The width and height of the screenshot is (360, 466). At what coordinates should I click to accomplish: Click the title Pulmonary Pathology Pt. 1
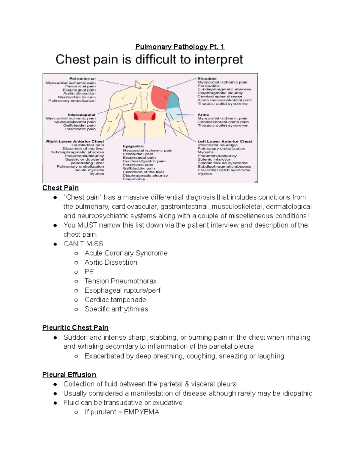pyautogui.click(x=180, y=47)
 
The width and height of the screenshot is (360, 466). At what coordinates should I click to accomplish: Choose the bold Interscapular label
pyautogui.click(x=81, y=115)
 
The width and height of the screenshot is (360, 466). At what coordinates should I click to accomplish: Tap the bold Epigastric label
pyautogui.click(x=133, y=146)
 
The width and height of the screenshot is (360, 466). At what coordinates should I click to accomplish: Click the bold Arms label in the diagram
pyautogui.click(x=203, y=115)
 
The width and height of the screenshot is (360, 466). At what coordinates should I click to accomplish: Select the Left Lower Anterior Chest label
pyautogui.click(x=225, y=141)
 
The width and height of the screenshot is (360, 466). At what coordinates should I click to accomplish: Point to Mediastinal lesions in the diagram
pyautogui.click(x=77, y=97)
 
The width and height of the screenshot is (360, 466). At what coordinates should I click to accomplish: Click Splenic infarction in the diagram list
pyautogui.click(x=214, y=159)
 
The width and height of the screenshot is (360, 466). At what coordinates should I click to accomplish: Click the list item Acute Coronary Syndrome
pyautogui.click(x=126, y=253)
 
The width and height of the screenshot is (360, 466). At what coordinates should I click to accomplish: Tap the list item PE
pyautogui.click(x=89, y=272)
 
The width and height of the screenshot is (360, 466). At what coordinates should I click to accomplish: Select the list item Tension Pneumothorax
pyautogui.click(x=120, y=281)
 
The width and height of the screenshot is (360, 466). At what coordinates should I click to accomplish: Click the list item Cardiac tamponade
pyautogui.click(x=115, y=300)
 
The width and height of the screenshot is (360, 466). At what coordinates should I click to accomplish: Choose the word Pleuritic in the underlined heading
pyautogui.click(x=56, y=328)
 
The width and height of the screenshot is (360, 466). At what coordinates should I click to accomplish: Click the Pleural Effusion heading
pyautogui.click(x=69, y=374)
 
